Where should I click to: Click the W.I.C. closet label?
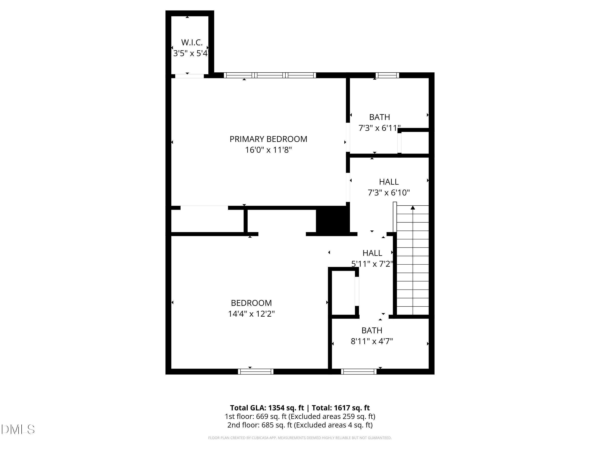click(192, 43)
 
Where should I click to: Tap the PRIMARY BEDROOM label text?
click(268, 139)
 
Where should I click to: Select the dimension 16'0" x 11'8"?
click(268, 150)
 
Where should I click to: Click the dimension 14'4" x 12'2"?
click(251, 314)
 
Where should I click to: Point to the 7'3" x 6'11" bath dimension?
click(379, 128)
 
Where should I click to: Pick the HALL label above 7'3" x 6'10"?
click(388, 182)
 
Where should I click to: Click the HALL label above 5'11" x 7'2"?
click(372, 253)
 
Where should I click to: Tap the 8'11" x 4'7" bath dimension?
click(372, 341)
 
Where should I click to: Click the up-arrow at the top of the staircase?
click(413, 208)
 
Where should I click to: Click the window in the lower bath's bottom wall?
click(359, 372)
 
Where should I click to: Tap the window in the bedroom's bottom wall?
click(256, 372)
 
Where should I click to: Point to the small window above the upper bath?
click(387, 75)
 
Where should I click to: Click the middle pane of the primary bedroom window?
click(270, 75)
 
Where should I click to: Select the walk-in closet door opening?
click(189, 76)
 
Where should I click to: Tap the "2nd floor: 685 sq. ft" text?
click(260, 425)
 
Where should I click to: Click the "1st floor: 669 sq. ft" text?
click(256, 416)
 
